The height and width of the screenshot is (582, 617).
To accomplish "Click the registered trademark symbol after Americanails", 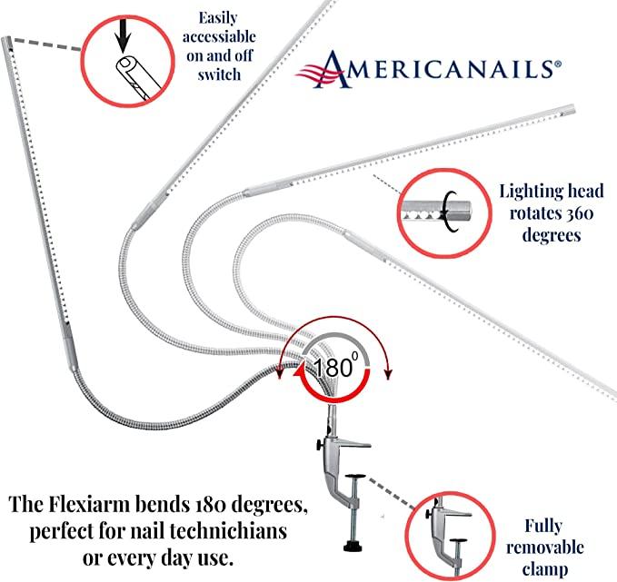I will coord(557,64).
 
